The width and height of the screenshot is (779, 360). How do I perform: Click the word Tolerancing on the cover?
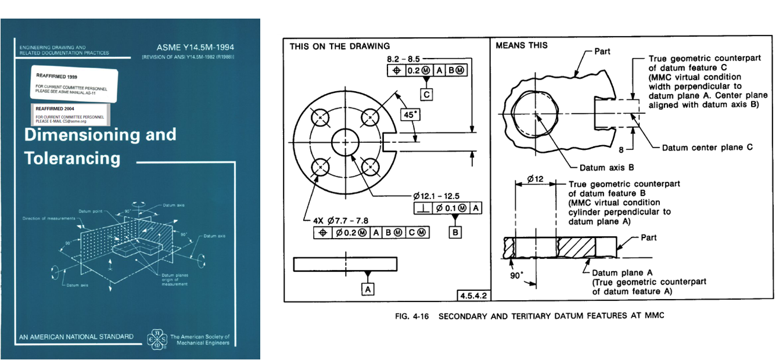tap(72, 158)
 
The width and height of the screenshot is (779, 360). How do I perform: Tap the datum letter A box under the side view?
tap(367, 288)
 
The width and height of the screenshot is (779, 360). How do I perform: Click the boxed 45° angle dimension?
tap(411, 115)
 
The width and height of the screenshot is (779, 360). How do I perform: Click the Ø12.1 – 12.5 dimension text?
tap(442, 196)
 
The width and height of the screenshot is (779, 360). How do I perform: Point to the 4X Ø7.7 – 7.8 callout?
tap(342, 221)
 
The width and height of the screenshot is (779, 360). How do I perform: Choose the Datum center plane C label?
tap(708, 147)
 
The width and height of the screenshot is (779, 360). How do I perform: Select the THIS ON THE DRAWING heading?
tap(340, 46)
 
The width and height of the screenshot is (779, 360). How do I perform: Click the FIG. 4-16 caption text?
tap(527, 316)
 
